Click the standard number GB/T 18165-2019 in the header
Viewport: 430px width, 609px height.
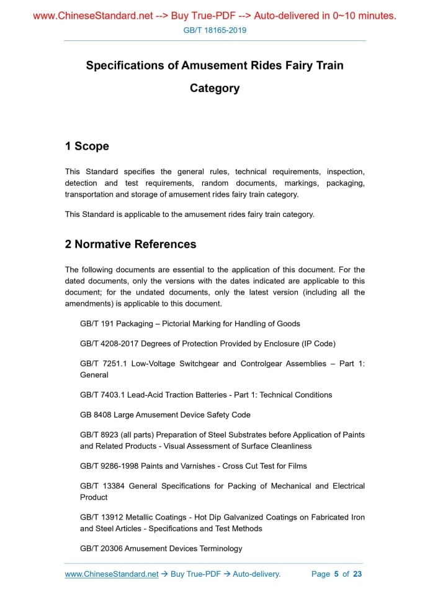215,30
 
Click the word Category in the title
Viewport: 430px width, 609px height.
215,88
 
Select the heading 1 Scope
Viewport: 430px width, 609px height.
87,146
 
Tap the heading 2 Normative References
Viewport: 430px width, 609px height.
130,244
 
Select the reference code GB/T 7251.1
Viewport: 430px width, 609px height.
103,364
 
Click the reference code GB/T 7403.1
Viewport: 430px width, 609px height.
103,395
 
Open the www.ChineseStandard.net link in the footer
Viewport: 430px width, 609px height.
112,574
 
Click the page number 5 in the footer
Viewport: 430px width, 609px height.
336,574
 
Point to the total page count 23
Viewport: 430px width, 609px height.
357,574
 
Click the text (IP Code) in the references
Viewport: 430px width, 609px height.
316,344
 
